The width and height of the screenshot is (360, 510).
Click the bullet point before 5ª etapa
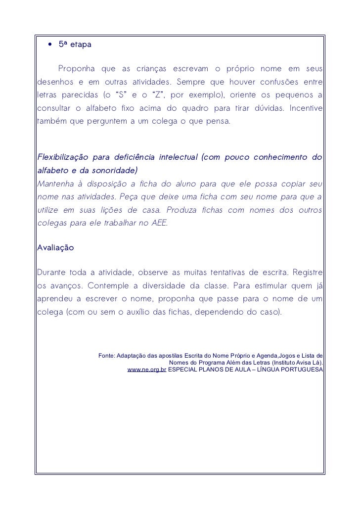coord(50,45)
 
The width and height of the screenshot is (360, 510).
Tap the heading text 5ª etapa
coord(71,45)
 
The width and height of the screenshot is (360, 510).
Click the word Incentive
coord(306,108)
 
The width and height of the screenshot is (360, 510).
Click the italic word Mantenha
coord(53,185)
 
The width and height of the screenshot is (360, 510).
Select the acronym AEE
coord(159,223)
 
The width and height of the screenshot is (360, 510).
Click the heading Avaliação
coord(55,247)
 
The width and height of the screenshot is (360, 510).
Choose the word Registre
coord(308,273)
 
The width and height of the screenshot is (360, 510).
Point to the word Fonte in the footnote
coord(107,356)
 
